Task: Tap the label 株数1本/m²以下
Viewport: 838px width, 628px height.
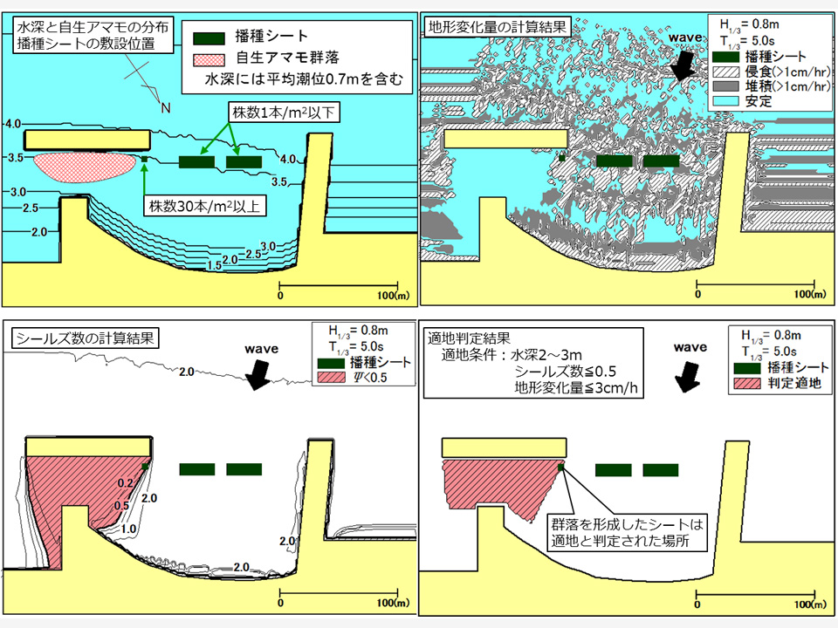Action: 282,113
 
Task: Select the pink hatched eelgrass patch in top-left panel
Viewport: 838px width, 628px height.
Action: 84,166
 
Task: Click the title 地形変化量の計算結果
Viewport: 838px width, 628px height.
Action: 495,27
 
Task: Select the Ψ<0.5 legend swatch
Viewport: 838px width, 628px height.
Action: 330,378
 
